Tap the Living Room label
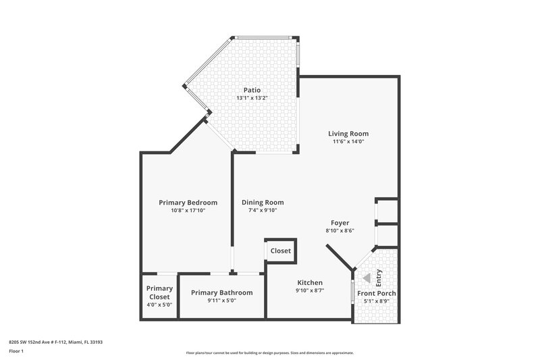pyautogui.click(x=348, y=133)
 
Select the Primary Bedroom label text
pyautogui.click(x=188, y=203)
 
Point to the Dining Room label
pyautogui.click(x=263, y=202)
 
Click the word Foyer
pyautogui.click(x=340, y=222)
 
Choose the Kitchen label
pyautogui.click(x=310, y=282)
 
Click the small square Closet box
pyautogui.click(x=281, y=251)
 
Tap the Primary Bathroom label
pyautogui.click(x=221, y=292)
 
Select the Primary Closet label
pyautogui.click(x=160, y=292)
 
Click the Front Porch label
pyautogui.click(x=376, y=293)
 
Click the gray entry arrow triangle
pyautogui.click(x=366, y=278)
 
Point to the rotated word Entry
pyautogui.click(x=379, y=276)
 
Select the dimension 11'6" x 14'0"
pyautogui.click(x=348, y=142)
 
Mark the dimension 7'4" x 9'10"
pyautogui.click(x=263, y=211)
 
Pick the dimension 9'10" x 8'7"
pyautogui.click(x=310, y=291)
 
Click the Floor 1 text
pyautogui.click(x=16, y=351)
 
